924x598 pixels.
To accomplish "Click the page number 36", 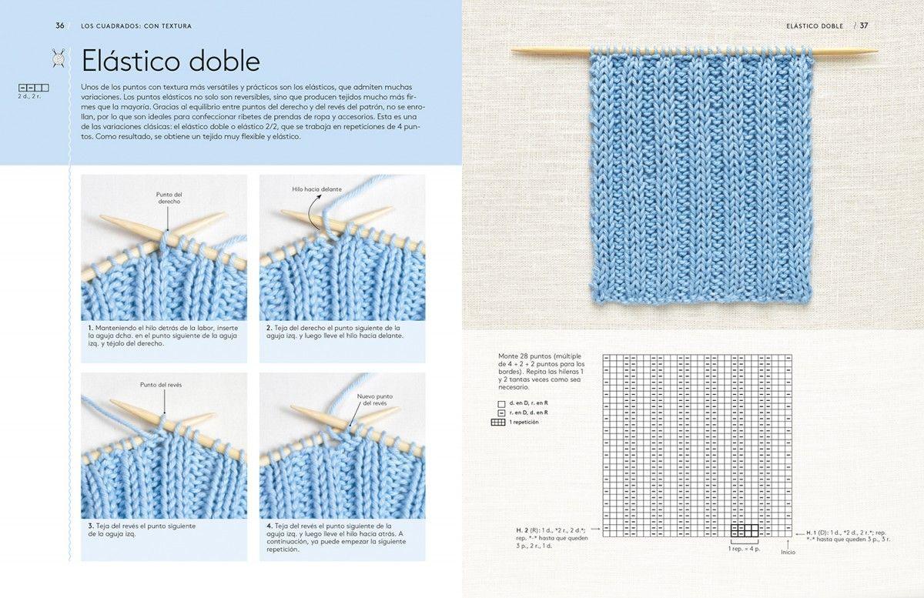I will pos(60,25).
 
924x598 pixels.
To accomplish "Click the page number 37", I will pos(864,25).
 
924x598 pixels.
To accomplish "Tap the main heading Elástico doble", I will pos(170,61).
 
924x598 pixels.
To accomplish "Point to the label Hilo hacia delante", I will pos(316,189).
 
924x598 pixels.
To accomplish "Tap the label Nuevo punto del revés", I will pos(375,399).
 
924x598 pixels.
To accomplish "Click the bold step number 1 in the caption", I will pos(90,328).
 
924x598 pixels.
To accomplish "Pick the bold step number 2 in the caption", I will pos(268,328).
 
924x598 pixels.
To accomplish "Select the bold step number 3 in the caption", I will pos(90,526).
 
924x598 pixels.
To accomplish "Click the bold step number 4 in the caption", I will pos(268,526).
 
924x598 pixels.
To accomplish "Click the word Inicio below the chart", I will pos(788,552).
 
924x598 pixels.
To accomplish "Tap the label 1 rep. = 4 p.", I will pos(745,548).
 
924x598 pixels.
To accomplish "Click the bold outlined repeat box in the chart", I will pos(745,530).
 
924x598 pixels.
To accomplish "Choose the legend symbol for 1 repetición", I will pos(497,423).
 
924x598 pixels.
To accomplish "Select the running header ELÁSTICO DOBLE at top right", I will pos(815,25).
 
